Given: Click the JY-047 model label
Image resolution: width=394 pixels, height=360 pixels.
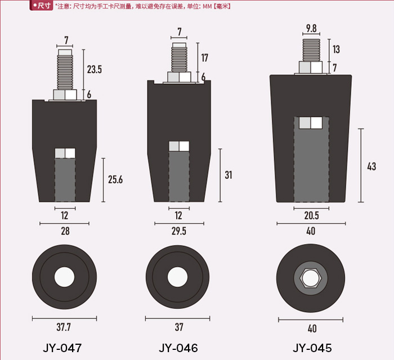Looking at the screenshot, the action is pos(62,348).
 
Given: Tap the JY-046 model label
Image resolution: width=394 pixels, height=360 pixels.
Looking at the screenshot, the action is pos(178,348).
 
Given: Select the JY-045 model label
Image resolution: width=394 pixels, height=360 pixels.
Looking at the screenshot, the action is pos(312,348).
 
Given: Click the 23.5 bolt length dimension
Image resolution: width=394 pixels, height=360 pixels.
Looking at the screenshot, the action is pos(95,69).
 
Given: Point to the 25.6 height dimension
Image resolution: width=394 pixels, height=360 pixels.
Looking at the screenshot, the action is pos(115,179).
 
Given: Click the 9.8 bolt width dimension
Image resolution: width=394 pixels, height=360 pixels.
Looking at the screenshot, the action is pos(311,28).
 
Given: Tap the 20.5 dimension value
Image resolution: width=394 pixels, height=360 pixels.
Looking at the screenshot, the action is pos(311,215).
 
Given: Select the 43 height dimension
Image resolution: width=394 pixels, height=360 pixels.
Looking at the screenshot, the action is pos(371,166).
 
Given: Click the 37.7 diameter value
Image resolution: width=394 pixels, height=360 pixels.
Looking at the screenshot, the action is pos(64,327).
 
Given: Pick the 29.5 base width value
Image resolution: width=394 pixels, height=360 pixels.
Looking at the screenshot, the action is pos(179,231).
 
